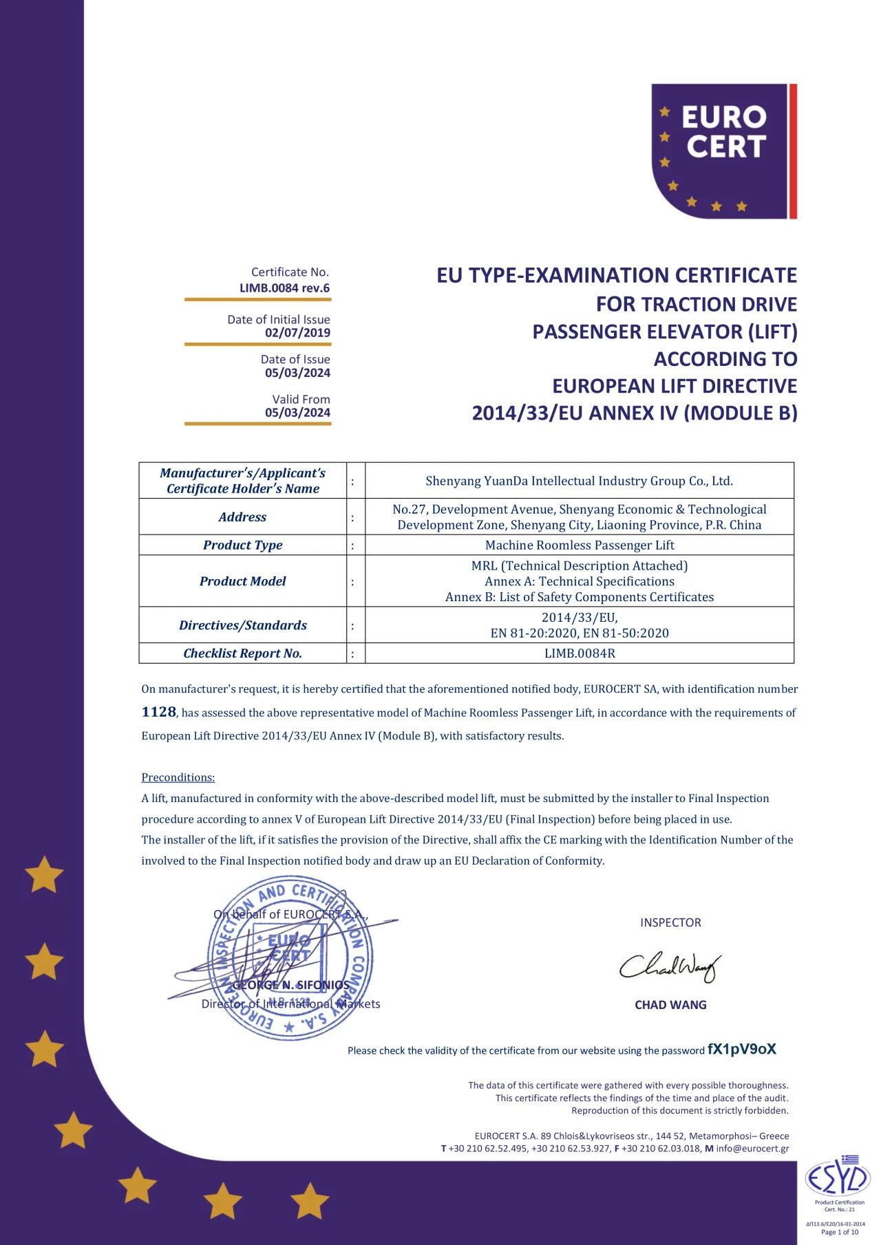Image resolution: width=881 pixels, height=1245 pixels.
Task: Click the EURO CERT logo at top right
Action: point(723,151)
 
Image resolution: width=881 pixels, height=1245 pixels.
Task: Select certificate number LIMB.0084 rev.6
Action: point(284,288)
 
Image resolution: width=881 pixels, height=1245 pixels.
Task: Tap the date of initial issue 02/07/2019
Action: point(297,333)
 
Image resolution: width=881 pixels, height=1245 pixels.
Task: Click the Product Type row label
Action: point(242,545)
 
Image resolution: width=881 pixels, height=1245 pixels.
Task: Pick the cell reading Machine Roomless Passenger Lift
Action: point(580,545)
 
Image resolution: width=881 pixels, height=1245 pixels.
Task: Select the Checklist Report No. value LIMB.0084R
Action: point(580,653)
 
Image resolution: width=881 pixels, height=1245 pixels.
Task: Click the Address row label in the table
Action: point(242,517)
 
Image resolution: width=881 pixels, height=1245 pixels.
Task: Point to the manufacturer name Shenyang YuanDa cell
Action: point(580,481)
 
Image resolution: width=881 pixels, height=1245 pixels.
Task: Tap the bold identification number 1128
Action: point(159,712)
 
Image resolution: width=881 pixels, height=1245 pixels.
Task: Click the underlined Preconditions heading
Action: point(178,777)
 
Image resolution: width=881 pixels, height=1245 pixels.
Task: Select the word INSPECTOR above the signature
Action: point(670,923)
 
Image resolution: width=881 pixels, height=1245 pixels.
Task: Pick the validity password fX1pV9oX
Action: point(742,1049)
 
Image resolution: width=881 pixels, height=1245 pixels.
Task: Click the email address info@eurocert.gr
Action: point(752,1148)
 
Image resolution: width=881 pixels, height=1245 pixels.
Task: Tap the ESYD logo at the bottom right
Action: point(839,1178)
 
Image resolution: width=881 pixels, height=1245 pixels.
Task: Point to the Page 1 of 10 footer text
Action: point(840,1232)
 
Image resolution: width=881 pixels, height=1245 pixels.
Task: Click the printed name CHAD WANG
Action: point(670,1005)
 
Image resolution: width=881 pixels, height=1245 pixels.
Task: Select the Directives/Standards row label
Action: point(242,625)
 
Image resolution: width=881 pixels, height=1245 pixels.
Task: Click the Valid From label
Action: point(301,400)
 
